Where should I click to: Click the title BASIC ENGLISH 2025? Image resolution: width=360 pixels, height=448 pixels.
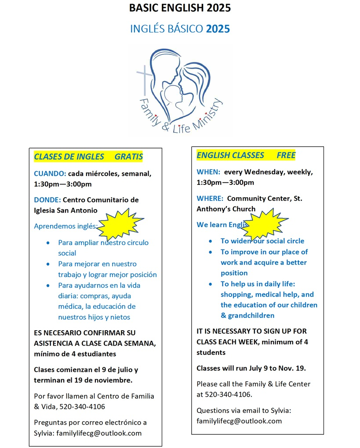[180, 8]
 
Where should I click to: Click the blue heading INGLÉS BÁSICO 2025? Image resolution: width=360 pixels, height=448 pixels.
[180, 29]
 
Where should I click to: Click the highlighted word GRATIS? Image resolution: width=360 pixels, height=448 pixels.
[129, 157]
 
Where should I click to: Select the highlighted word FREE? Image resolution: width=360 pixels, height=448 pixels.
[286, 155]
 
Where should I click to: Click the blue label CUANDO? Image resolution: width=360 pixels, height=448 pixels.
[50, 173]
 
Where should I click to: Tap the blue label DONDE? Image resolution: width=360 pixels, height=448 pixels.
[47, 200]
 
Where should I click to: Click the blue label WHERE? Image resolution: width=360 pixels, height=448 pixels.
[210, 199]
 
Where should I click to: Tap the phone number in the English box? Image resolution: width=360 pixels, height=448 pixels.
[229, 394]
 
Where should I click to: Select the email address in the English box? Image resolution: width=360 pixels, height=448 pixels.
[239, 421]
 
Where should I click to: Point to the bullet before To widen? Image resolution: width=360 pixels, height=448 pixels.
[211, 241]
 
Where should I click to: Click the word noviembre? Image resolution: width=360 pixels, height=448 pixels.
[113, 380]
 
